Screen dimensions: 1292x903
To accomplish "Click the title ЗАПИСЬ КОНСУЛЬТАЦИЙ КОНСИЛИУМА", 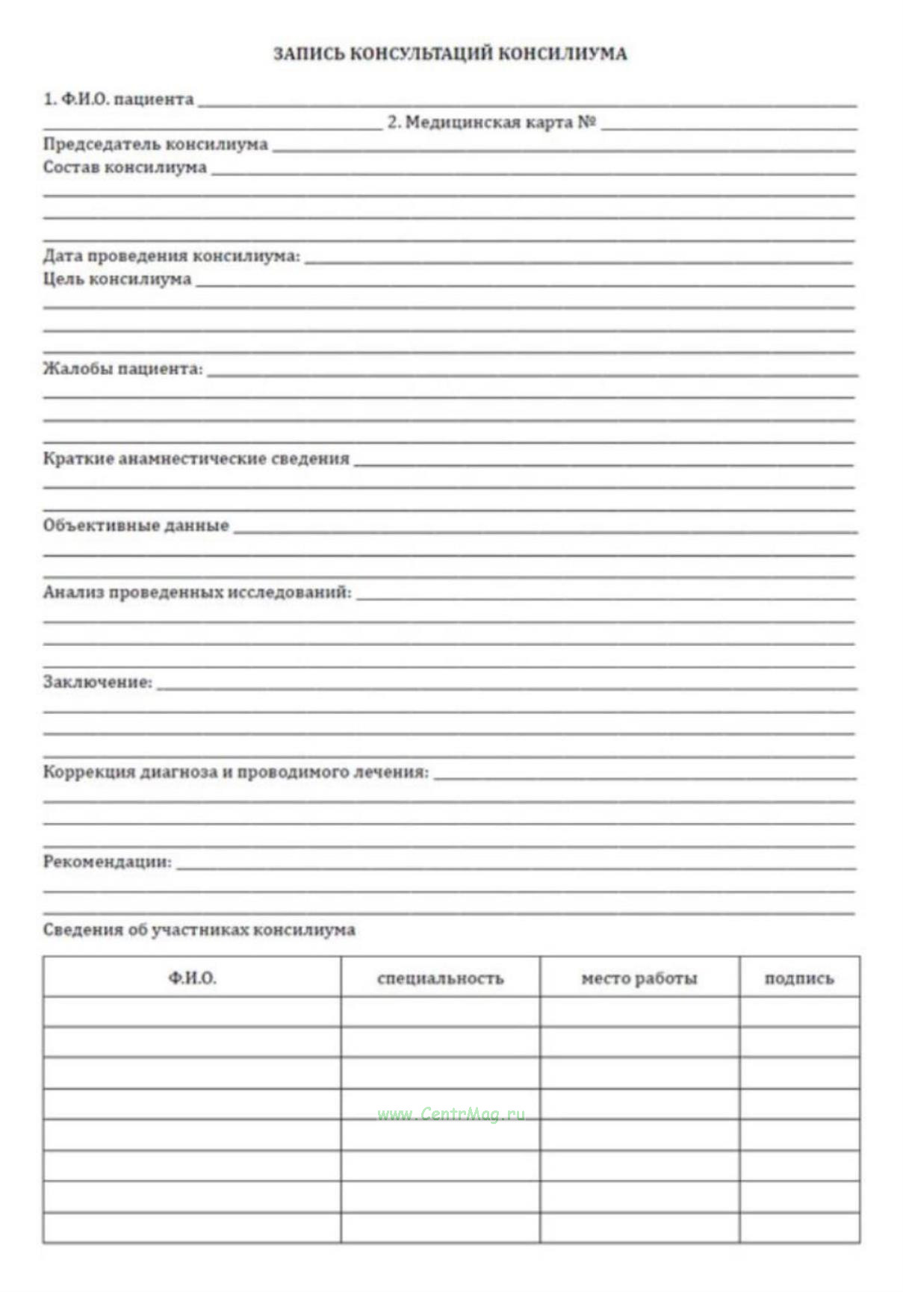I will [450, 54].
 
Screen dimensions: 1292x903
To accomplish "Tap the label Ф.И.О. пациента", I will [119, 99].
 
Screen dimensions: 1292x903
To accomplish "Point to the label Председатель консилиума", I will [155, 144].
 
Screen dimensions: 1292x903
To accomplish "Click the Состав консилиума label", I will [125, 167].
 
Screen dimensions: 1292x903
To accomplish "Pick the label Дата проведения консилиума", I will [171, 256].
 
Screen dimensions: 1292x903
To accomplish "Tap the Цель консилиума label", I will [117, 279].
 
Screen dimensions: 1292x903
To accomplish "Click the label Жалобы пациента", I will [122, 369].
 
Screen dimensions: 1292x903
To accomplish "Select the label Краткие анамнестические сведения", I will [196, 459].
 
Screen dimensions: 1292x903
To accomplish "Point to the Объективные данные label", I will [136, 526].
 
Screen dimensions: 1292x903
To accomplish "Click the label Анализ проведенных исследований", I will [197, 593].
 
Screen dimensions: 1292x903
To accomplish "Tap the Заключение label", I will [97, 682].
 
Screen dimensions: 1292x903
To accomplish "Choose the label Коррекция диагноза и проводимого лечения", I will [236, 772].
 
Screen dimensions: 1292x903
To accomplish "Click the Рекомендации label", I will [107, 862].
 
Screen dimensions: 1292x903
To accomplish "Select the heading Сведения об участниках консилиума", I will [199, 931].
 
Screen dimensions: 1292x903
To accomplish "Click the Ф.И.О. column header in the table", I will [192, 978].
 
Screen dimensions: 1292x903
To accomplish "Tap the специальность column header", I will [440, 978].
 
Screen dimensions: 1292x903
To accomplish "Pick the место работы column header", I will [639, 978].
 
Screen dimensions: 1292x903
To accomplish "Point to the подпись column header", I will [799, 978].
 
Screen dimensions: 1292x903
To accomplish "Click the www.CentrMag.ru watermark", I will [451, 1114].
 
